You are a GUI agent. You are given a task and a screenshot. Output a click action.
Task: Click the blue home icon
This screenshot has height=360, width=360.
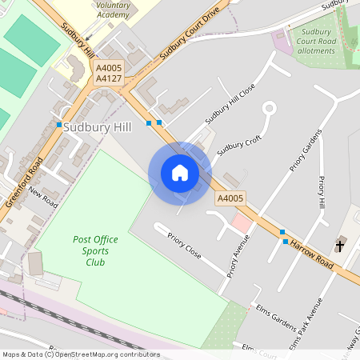coord(180,173)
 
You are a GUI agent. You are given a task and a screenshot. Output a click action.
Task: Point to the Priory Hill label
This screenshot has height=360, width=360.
coord(322,194)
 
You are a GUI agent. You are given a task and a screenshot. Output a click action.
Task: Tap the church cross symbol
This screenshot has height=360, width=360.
coord(340,245)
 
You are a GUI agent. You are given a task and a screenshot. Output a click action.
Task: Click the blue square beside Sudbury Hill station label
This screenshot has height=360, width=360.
coord(59,126)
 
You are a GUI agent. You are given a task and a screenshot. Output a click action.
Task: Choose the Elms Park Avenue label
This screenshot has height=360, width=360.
coord(307,323)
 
